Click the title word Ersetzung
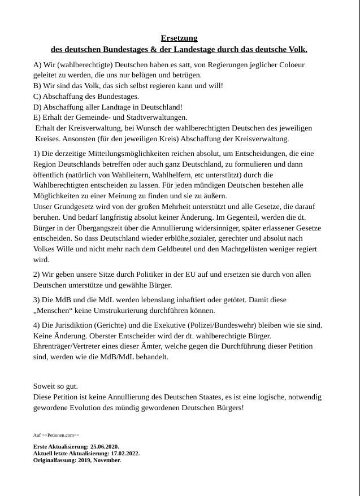[179, 38]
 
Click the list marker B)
[37, 86]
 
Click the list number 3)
[37, 300]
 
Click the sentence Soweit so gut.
[55, 386]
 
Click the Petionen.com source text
[56, 436]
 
